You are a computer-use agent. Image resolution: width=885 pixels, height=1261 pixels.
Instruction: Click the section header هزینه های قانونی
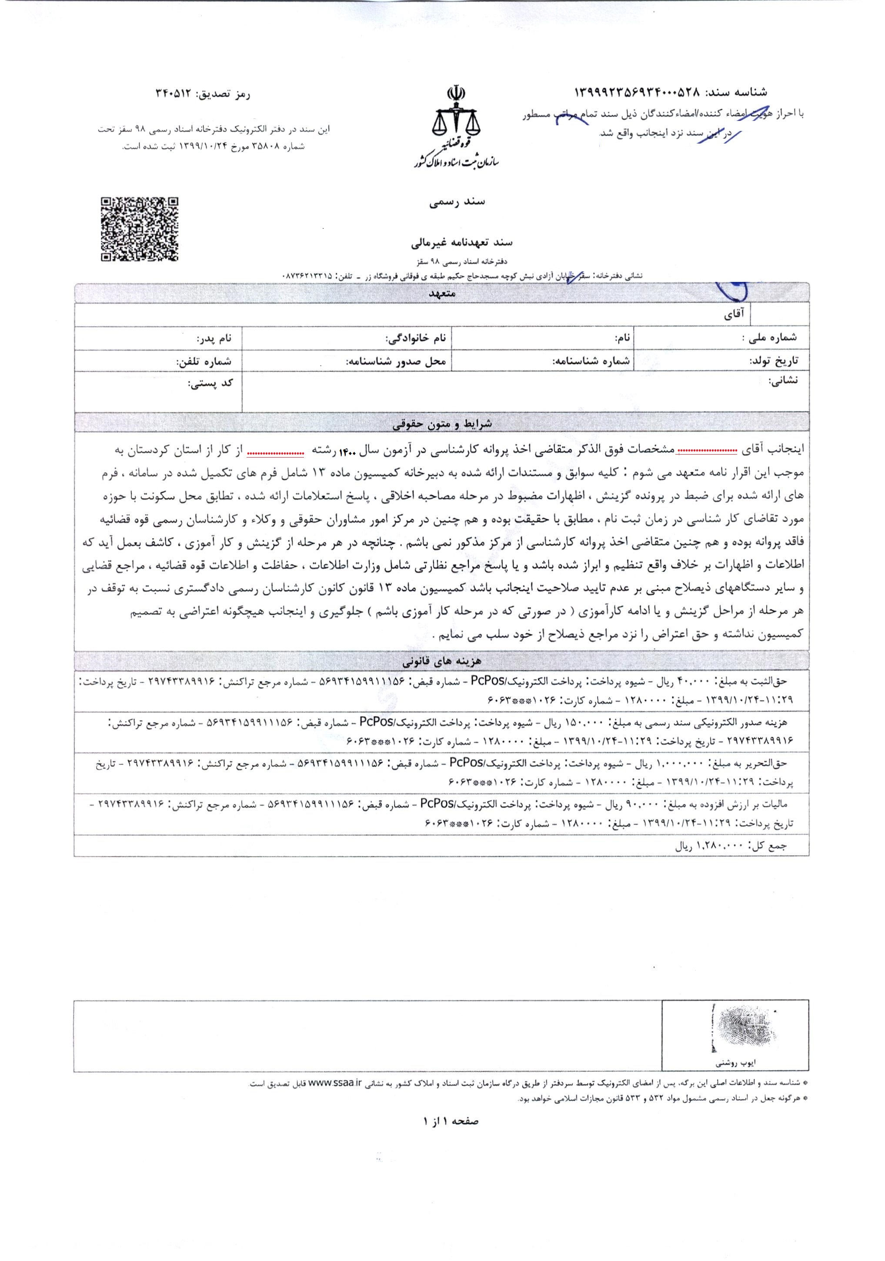point(443,661)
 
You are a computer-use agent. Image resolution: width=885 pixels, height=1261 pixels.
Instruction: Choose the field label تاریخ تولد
point(774,361)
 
